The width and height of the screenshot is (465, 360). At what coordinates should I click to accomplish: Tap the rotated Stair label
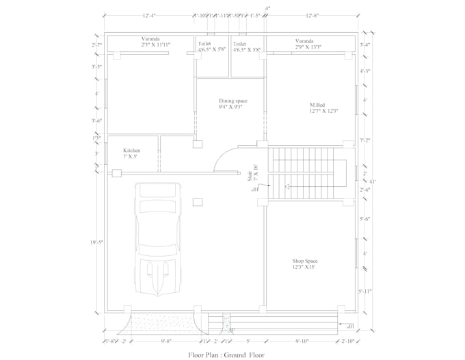pos(251,173)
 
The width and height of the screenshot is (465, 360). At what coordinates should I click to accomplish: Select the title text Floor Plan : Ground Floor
pos(226,355)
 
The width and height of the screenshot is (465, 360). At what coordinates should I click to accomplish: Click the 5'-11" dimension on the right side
pos(365,292)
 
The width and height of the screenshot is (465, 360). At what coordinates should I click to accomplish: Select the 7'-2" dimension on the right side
pos(365,140)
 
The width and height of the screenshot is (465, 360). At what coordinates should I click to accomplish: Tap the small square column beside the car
pos(198,201)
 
